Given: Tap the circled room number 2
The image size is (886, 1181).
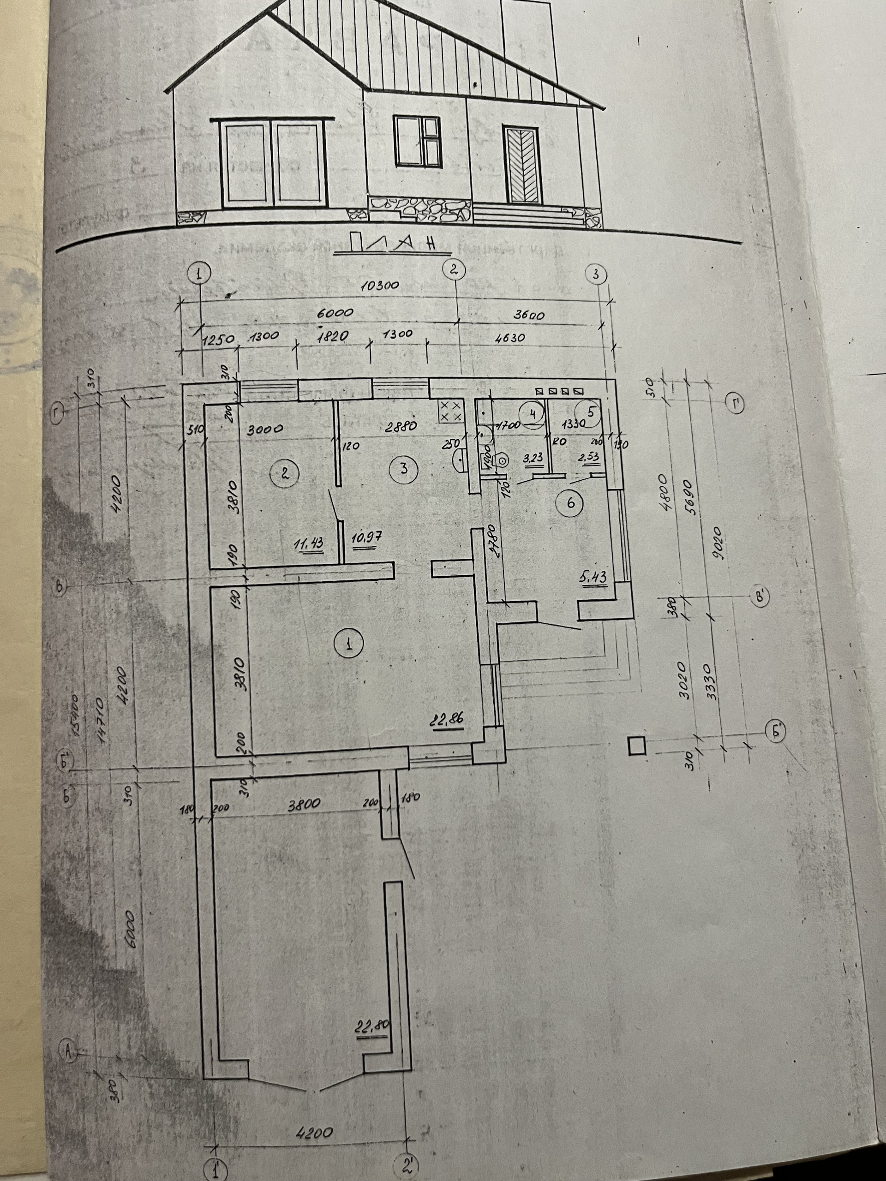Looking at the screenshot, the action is click(x=285, y=473).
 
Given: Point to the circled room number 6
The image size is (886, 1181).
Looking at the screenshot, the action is click(x=570, y=503).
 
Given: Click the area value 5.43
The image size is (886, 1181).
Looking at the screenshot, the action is click(x=594, y=577).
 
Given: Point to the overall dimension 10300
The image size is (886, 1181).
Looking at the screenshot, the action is click(x=380, y=286).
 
